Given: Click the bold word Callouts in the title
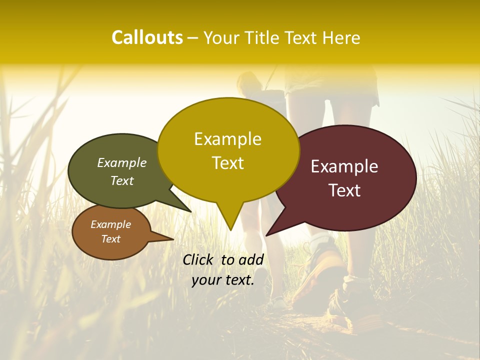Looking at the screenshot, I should (147, 37).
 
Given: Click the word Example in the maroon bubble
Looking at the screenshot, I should (344, 166).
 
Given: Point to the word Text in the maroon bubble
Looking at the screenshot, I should (344, 190).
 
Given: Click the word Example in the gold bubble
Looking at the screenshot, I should (227, 139).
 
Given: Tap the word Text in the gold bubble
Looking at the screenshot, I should (227, 163).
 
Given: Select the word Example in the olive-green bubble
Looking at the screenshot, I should (121, 163).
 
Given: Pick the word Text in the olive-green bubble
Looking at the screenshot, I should (121, 181).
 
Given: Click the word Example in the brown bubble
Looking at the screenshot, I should (110, 224).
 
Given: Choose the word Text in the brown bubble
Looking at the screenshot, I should (110, 239).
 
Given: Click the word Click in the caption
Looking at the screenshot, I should (199, 259).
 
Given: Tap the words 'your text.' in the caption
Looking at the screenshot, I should (223, 280).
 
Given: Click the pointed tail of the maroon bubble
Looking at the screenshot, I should (267, 234).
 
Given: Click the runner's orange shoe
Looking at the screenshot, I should (320, 270).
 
